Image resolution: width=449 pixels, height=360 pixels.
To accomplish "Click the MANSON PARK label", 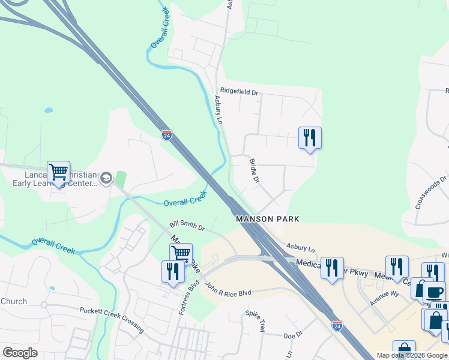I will pyautogui.click(x=267, y=219).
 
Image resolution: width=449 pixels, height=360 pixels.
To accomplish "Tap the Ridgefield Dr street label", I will pyautogui.click(x=238, y=92).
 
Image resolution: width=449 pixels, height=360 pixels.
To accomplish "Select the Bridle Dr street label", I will pyautogui.click(x=253, y=172).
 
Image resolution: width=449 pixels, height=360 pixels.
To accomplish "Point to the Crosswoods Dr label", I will pyautogui.click(x=431, y=192).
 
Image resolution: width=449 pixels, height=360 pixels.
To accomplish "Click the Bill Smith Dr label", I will pyautogui.click(x=187, y=225).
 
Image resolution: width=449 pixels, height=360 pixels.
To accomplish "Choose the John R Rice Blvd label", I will pyautogui.click(x=228, y=290).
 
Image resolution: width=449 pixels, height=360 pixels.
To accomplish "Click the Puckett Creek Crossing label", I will pyautogui.click(x=112, y=319).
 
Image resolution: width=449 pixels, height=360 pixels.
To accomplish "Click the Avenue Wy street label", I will pyautogui.click(x=384, y=298).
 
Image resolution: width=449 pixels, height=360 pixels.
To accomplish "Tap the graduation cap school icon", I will pyautogui.click(x=106, y=178).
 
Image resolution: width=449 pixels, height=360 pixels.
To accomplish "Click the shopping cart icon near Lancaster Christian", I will pyautogui.click(x=58, y=172).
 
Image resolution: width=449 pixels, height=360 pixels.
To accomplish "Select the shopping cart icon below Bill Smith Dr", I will pyautogui.click(x=181, y=254).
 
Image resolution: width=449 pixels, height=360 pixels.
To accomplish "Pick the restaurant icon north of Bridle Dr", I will pyautogui.click(x=310, y=138).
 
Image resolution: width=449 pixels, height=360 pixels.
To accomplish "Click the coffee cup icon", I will pyautogui.click(x=434, y=292).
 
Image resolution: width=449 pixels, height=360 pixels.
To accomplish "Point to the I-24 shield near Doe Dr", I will pyautogui.click(x=337, y=325).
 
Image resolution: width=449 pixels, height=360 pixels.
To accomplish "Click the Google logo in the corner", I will pyautogui.click(x=20, y=353).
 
